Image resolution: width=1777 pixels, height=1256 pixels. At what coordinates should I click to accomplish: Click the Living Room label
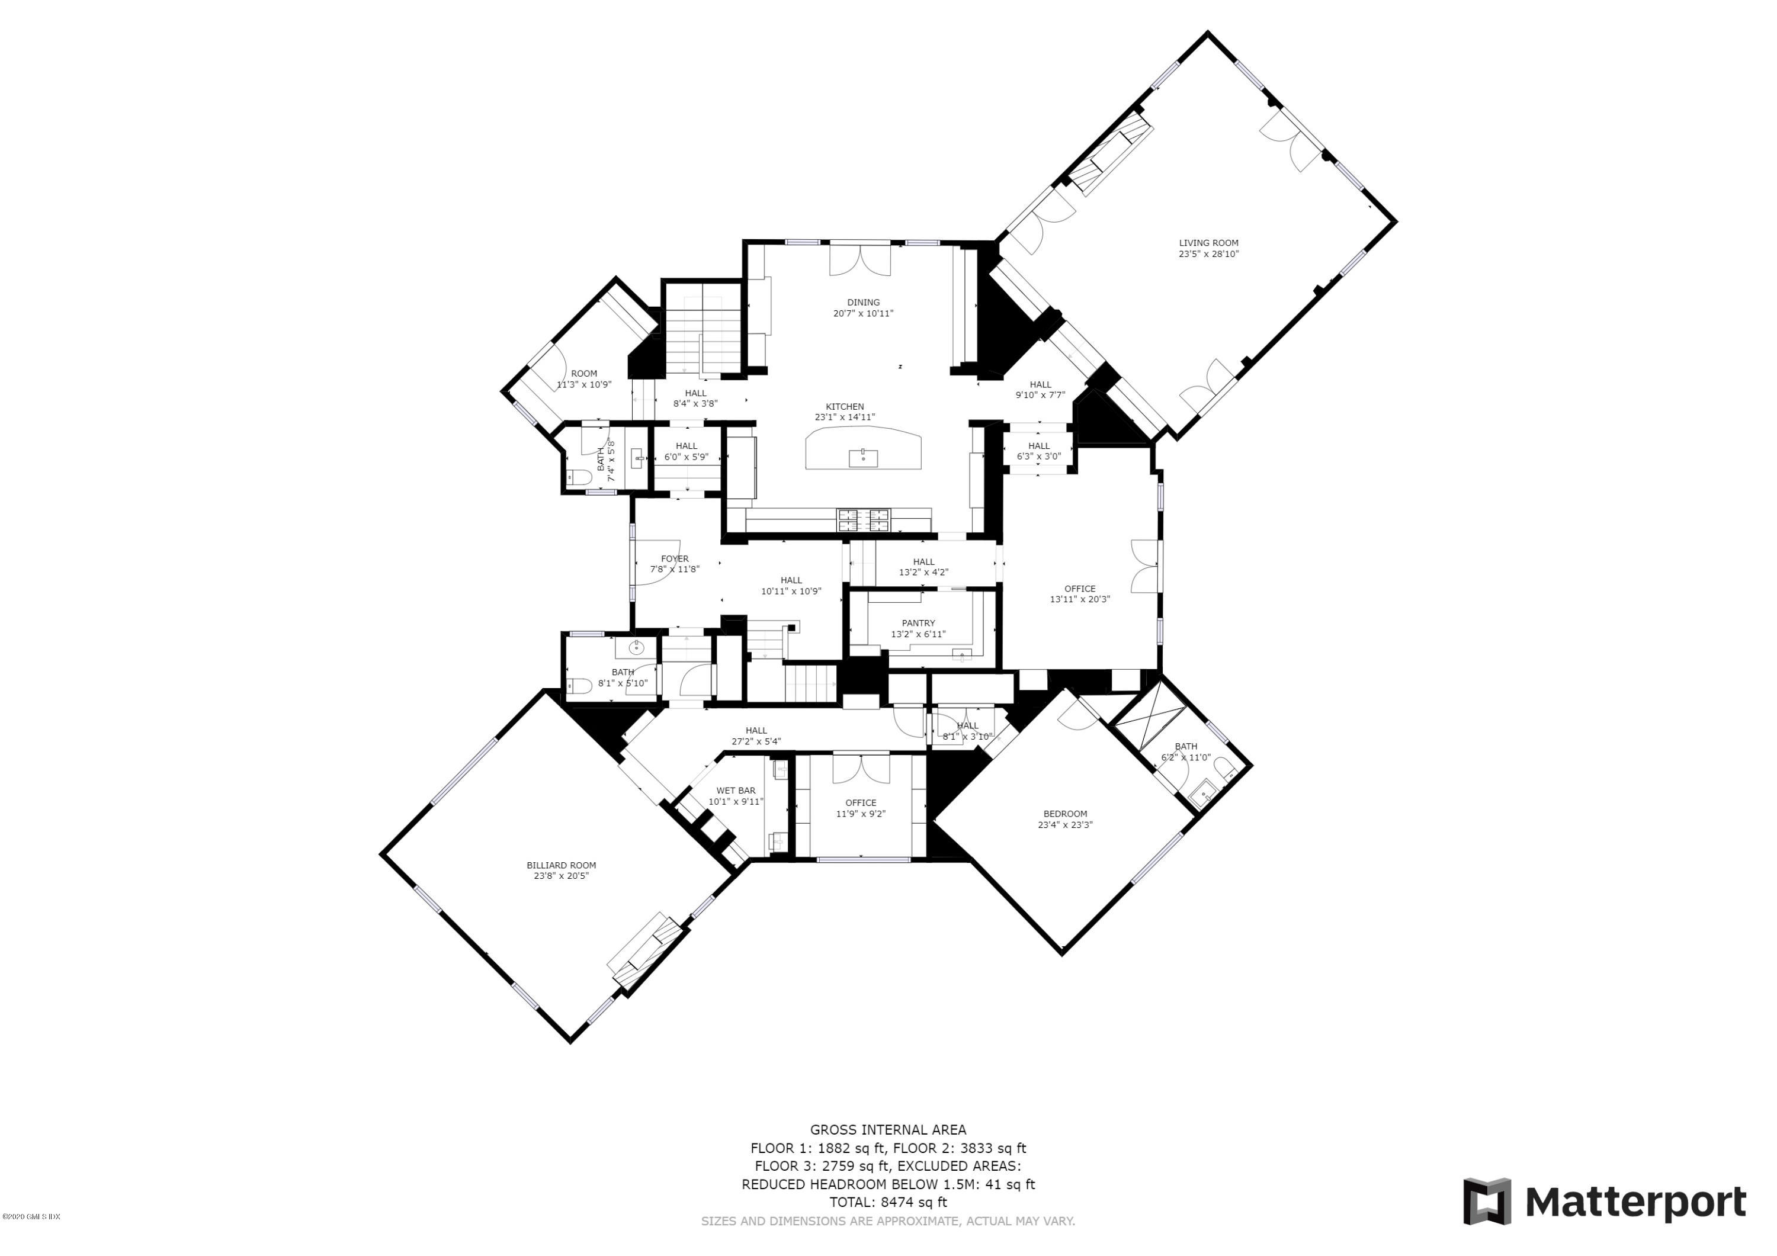tap(1208, 243)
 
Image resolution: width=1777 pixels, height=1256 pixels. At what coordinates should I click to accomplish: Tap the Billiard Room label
tap(561, 865)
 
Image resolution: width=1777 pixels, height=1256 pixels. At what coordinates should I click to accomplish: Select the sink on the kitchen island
tap(863, 458)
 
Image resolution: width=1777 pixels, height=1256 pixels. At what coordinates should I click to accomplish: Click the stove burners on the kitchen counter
tap(863, 519)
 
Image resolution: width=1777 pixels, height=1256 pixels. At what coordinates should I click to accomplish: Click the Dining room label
tap(863, 303)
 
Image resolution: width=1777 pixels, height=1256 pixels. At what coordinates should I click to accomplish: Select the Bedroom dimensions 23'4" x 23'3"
tap(1065, 825)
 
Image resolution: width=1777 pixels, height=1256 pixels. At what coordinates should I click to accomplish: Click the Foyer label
tap(674, 559)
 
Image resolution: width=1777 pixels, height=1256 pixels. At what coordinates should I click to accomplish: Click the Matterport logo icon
tap(1486, 1202)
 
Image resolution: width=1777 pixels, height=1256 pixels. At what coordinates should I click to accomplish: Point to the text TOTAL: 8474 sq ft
tap(888, 1202)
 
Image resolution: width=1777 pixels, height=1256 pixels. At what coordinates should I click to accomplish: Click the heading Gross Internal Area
tap(888, 1130)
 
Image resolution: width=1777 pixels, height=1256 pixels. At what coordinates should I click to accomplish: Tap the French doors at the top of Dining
tap(860, 260)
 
